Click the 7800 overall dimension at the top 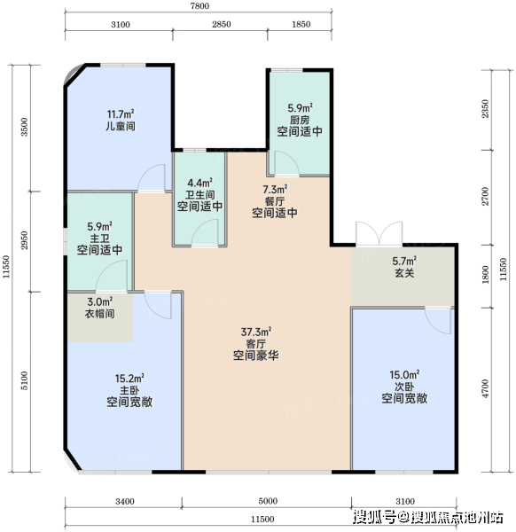199,6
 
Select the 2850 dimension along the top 222,25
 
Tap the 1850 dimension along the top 301,25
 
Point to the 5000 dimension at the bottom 268,501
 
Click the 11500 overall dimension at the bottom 262,519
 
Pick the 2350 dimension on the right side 486,108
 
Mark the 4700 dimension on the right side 486,389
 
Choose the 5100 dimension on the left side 24,380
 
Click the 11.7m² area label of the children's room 121,114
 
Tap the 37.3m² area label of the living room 256,332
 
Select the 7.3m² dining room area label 275,190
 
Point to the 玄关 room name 404,273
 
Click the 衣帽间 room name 99,313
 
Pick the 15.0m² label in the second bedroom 404,375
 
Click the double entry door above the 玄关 379,233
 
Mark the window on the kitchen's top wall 286,70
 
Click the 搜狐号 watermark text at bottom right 374,517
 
